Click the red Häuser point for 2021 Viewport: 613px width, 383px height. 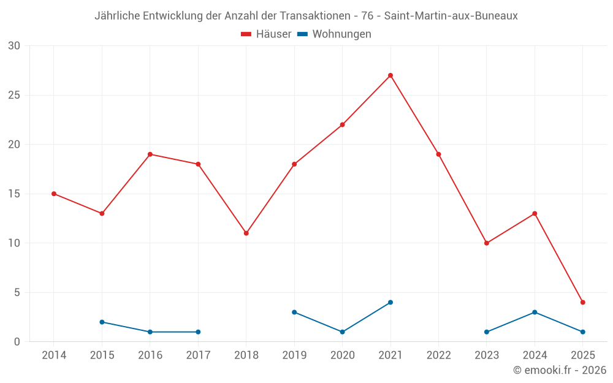point(390,75)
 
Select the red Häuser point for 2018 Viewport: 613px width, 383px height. point(246,233)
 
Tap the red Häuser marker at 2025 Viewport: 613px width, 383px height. point(583,302)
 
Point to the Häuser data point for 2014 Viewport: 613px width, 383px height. point(54,194)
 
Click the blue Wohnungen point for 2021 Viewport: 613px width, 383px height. point(390,302)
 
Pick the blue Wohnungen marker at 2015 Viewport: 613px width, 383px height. point(102,322)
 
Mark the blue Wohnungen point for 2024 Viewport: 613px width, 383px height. point(535,312)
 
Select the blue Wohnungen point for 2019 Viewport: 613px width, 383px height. point(294,312)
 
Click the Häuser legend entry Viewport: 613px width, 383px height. point(266,34)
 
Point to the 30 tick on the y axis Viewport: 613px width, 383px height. point(14,46)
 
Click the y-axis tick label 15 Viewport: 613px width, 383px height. point(14,194)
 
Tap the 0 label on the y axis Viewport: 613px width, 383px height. point(17,342)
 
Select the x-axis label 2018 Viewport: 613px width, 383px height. point(246,355)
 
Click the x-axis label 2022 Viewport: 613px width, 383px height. point(438,355)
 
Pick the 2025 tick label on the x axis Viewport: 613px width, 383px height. point(583,355)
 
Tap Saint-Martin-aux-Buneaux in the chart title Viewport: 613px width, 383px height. point(451,16)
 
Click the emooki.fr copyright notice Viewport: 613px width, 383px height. point(560,370)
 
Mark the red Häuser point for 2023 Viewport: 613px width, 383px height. point(487,243)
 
